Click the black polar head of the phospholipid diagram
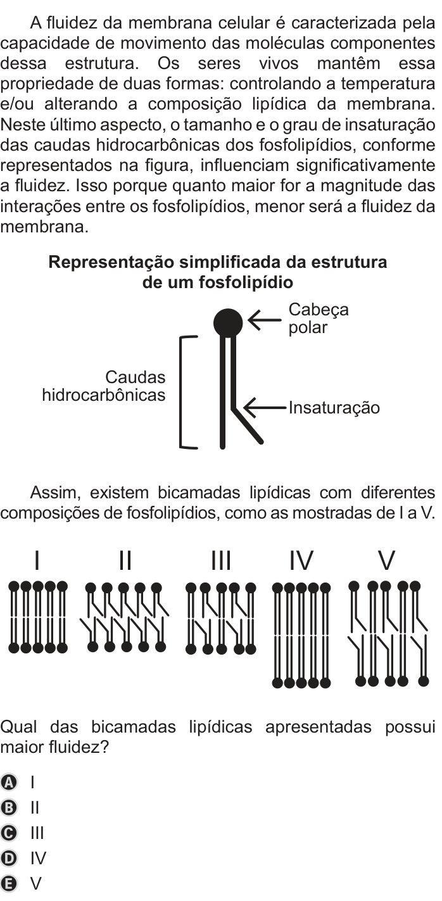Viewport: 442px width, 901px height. click(228, 322)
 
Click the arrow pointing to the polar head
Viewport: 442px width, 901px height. click(265, 320)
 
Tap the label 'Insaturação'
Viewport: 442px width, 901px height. click(334, 408)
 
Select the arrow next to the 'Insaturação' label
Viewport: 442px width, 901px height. click(266, 408)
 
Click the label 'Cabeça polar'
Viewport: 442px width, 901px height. click(319, 318)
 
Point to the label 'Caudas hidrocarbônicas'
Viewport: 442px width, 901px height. click(104, 386)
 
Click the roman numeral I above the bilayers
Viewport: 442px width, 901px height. click(37, 560)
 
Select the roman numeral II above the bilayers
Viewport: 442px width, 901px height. click(125, 560)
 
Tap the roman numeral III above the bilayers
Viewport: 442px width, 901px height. click(221, 560)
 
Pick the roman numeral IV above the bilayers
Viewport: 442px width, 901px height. click(301, 560)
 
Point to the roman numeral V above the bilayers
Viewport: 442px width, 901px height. click(386, 560)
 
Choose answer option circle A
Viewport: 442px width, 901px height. click(9, 783)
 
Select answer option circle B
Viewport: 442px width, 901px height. click(9, 808)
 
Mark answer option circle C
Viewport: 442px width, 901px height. click(9, 833)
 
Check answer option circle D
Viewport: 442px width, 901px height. click(9, 859)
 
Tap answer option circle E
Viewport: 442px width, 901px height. click(9, 884)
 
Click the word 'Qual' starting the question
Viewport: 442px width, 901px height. click(19, 728)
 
